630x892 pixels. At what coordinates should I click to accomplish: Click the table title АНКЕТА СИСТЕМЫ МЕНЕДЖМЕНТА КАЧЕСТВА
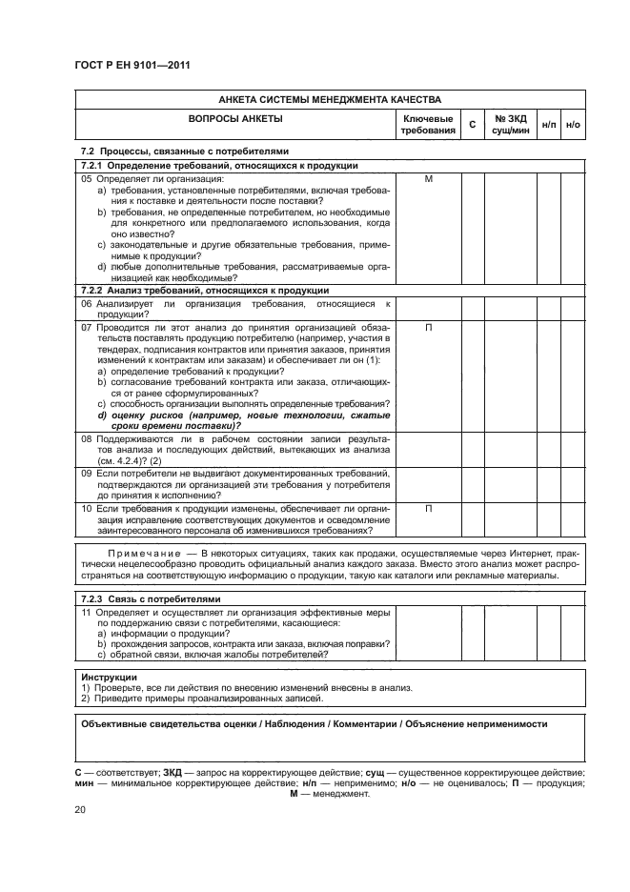(329, 99)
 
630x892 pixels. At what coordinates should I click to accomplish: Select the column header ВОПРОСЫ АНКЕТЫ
(235, 119)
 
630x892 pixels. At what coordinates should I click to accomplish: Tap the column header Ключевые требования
(428, 124)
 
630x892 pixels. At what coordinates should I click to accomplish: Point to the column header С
(473, 125)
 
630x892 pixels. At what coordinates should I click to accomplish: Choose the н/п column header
(550, 125)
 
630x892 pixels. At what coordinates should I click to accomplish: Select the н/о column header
(574, 125)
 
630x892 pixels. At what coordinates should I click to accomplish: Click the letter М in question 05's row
(428, 178)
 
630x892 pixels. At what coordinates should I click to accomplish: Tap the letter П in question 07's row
(428, 327)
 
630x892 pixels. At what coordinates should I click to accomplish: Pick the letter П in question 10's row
(428, 508)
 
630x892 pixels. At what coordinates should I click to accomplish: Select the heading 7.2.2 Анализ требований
(205, 290)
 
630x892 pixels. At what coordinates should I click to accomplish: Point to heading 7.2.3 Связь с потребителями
(151, 598)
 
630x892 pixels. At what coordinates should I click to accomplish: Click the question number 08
(86, 439)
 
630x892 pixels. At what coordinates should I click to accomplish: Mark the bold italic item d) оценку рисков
(238, 416)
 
